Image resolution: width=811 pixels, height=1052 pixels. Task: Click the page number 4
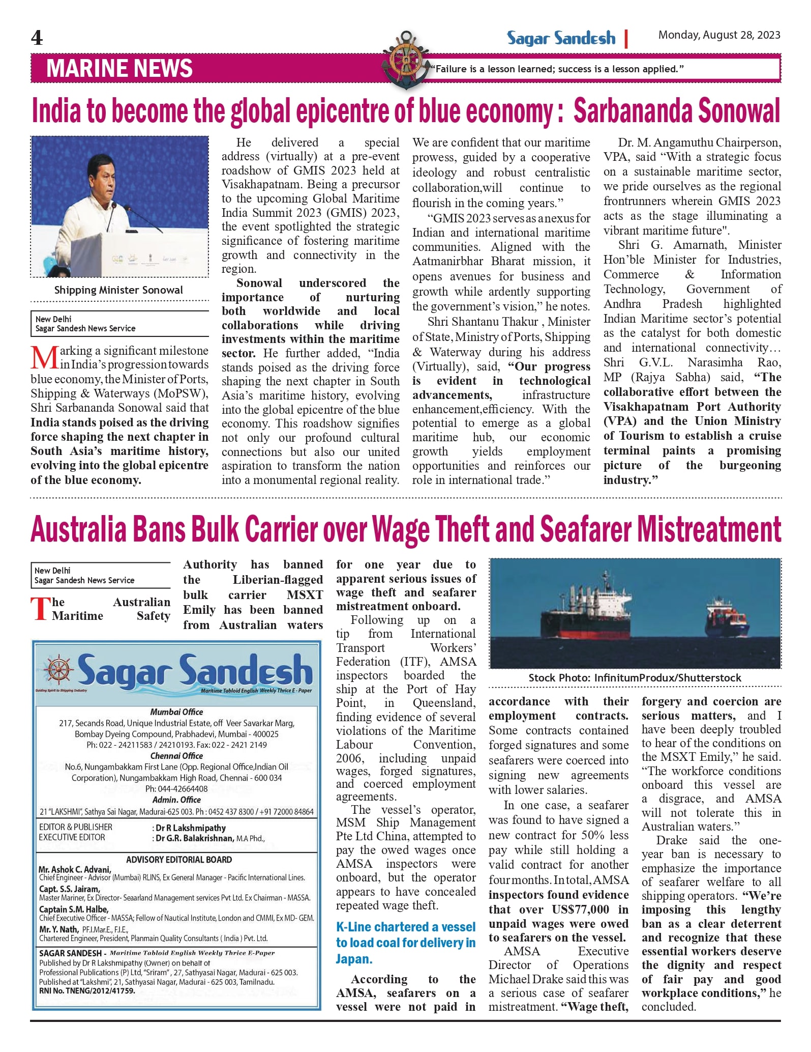(x=37, y=38)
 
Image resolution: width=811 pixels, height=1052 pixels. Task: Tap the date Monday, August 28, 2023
(x=719, y=35)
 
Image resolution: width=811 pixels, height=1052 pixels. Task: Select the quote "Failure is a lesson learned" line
(x=557, y=69)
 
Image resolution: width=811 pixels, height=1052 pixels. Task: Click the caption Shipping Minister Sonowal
(x=118, y=290)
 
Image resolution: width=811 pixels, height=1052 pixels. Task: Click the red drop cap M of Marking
(x=44, y=357)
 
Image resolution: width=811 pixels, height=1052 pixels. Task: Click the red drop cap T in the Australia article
(x=41, y=609)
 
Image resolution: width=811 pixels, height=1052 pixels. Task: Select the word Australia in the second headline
(x=79, y=530)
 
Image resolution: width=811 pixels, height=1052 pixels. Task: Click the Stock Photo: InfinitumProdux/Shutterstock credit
(x=635, y=678)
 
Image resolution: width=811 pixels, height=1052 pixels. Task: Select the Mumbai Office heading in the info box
(x=176, y=712)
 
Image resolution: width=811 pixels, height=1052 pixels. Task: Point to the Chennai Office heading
(x=176, y=756)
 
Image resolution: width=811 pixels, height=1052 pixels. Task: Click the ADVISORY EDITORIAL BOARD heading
(x=179, y=860)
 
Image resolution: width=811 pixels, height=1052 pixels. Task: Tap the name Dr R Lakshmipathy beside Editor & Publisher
(x=191, y=828)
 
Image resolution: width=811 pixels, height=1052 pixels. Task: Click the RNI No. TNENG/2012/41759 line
(x=87, y=991)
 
